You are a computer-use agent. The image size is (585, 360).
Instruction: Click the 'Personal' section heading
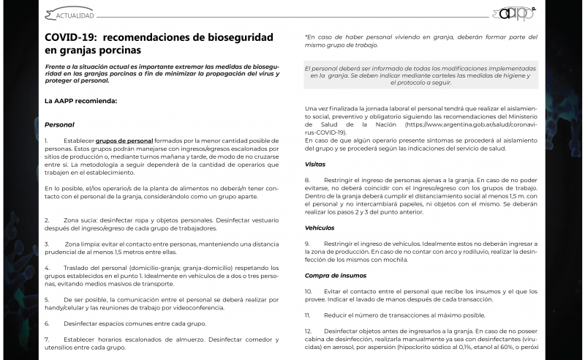pos(59,125)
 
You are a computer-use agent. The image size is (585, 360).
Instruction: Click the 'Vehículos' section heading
pos(320,228)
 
